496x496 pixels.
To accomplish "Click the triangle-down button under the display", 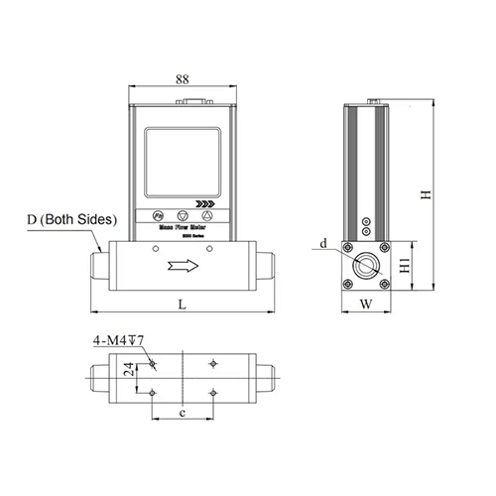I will coord(182,215).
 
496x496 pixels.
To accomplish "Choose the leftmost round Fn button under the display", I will coord(159,215).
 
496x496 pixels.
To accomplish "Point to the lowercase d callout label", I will coord(323,242).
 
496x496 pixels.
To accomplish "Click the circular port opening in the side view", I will coord(364,266).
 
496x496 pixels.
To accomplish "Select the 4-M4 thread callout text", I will coord(120,341).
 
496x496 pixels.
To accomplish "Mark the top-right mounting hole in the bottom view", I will coord(214,364).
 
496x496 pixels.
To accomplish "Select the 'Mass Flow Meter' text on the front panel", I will coord(181,228).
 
